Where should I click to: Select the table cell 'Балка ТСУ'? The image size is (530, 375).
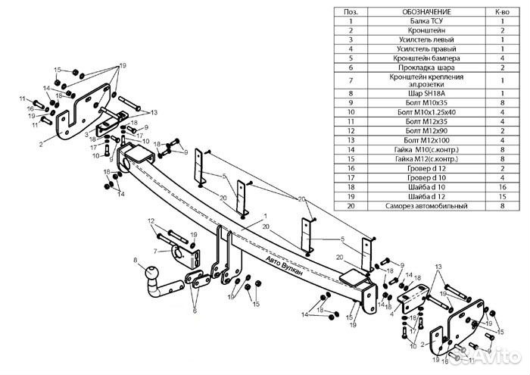click(426, 21)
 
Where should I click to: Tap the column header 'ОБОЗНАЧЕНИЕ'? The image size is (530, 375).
click(426, 12)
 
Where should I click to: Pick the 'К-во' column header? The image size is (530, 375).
click(502, 12)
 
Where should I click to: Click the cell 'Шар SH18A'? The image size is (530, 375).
click(426, 93)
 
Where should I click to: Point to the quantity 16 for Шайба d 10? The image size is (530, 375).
click(502, 187)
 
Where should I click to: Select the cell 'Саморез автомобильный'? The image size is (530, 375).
click(426, 205)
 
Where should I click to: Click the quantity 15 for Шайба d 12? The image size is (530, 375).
click(502, 196)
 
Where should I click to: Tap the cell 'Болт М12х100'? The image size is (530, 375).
click(426, 140)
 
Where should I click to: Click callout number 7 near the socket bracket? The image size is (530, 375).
click(155, 252)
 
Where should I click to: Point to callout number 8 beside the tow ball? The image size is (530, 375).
click(136, 260)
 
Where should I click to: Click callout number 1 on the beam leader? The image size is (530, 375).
click(265, 216)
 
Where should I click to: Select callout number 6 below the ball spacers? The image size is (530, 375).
click(195, 311)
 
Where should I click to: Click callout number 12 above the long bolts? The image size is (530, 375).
click(151, 221)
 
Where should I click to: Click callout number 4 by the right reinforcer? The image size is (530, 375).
click(392, 314)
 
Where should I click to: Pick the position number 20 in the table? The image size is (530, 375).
click(351, 205)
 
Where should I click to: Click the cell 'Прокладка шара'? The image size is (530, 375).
click(426, 67)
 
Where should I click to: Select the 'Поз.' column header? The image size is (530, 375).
click(351, 12)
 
